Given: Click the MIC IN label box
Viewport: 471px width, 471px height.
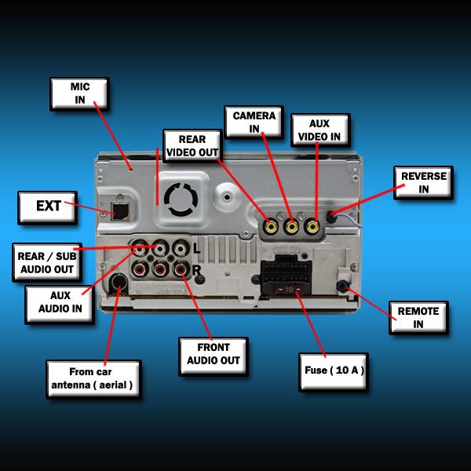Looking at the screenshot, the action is click(79, 93).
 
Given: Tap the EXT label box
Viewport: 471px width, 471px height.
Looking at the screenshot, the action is click(47, 207).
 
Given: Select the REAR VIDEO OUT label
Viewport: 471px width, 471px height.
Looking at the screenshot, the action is click(192, 146).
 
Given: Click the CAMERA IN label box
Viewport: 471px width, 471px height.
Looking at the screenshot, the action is click(254, 122).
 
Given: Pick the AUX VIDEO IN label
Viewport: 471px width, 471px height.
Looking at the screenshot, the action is click(320, 130).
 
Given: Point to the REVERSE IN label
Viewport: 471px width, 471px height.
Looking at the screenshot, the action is click(423, 183).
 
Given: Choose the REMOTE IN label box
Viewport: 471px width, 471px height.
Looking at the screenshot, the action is click(418, 318).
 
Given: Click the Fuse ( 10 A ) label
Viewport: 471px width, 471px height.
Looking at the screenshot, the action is click(334, 372).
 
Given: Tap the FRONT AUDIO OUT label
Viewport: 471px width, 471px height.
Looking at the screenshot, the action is click(214, 356).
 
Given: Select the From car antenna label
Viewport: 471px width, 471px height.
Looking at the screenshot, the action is click(93, 379).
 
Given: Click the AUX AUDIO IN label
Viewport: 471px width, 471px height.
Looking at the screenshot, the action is click(60, 305).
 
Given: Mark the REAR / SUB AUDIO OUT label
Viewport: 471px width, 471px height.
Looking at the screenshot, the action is click(47, 262).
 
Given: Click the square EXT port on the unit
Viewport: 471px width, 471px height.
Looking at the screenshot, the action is click(120, 211).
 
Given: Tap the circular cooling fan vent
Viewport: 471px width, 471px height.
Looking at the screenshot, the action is click(181, 199).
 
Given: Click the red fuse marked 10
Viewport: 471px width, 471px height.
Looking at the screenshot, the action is click(289, 290).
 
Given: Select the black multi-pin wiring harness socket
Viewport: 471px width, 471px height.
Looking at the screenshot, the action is click(286, 275).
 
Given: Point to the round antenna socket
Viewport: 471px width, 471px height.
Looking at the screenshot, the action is click(119, 283).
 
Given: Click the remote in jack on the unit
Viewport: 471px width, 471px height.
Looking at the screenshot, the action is click(342, 286).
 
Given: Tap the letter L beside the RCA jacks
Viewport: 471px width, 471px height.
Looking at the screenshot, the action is click(197, 249).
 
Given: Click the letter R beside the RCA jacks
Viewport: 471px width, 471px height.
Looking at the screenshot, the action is click(196, 270).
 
